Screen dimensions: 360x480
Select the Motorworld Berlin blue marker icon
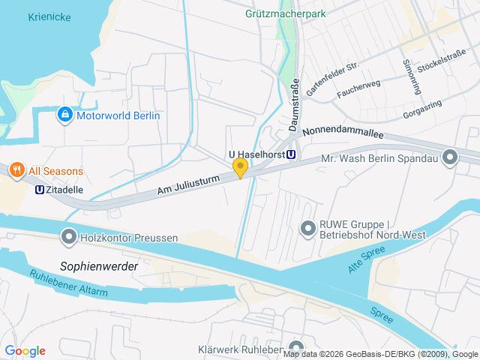click(x=64, y=115)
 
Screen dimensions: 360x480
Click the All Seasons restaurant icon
click(x=17, y=171)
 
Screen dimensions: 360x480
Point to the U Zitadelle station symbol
click(x=39, y=190)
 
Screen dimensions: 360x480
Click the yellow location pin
click(x=240, y=167)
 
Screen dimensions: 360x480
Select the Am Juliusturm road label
click(x=188, y=183)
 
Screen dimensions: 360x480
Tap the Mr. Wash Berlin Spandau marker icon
click(x=450, y=157)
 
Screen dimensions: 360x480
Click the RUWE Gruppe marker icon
click(x=307, y=227)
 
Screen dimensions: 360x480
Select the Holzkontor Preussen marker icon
click(x=69, y=238)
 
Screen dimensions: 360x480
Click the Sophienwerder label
click(x=97, y=265)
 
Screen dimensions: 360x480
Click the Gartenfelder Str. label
click(x=332, y=77)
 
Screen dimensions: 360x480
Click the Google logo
click(x=25, y=350)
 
